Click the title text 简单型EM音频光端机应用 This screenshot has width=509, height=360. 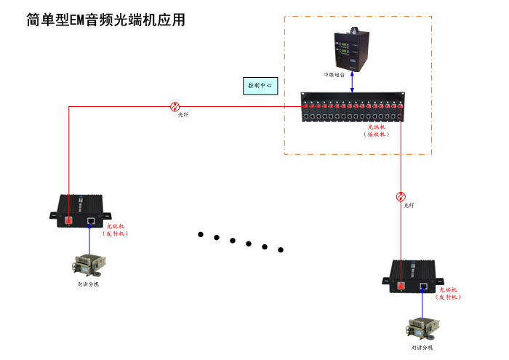point(106,20)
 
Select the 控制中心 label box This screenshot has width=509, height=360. point(260,85)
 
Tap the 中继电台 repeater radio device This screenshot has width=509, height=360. point(352,49)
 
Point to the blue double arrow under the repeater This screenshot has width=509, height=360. point(353,81)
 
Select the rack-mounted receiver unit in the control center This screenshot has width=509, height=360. point(353,107)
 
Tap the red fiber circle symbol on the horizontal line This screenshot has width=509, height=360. point(175,106)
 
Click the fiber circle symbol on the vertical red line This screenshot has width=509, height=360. point(401,196)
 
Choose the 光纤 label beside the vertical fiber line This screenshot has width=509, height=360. point(409,206)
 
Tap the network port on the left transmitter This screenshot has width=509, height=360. point(90,220)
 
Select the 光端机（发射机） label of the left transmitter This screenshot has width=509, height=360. point(115,230)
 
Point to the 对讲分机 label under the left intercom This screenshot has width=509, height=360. point(89,284)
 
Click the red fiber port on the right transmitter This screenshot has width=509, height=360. point(401,285)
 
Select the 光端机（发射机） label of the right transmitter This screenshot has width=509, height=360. point(449,293)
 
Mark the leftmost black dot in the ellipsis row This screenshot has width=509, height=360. point(200,234)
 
